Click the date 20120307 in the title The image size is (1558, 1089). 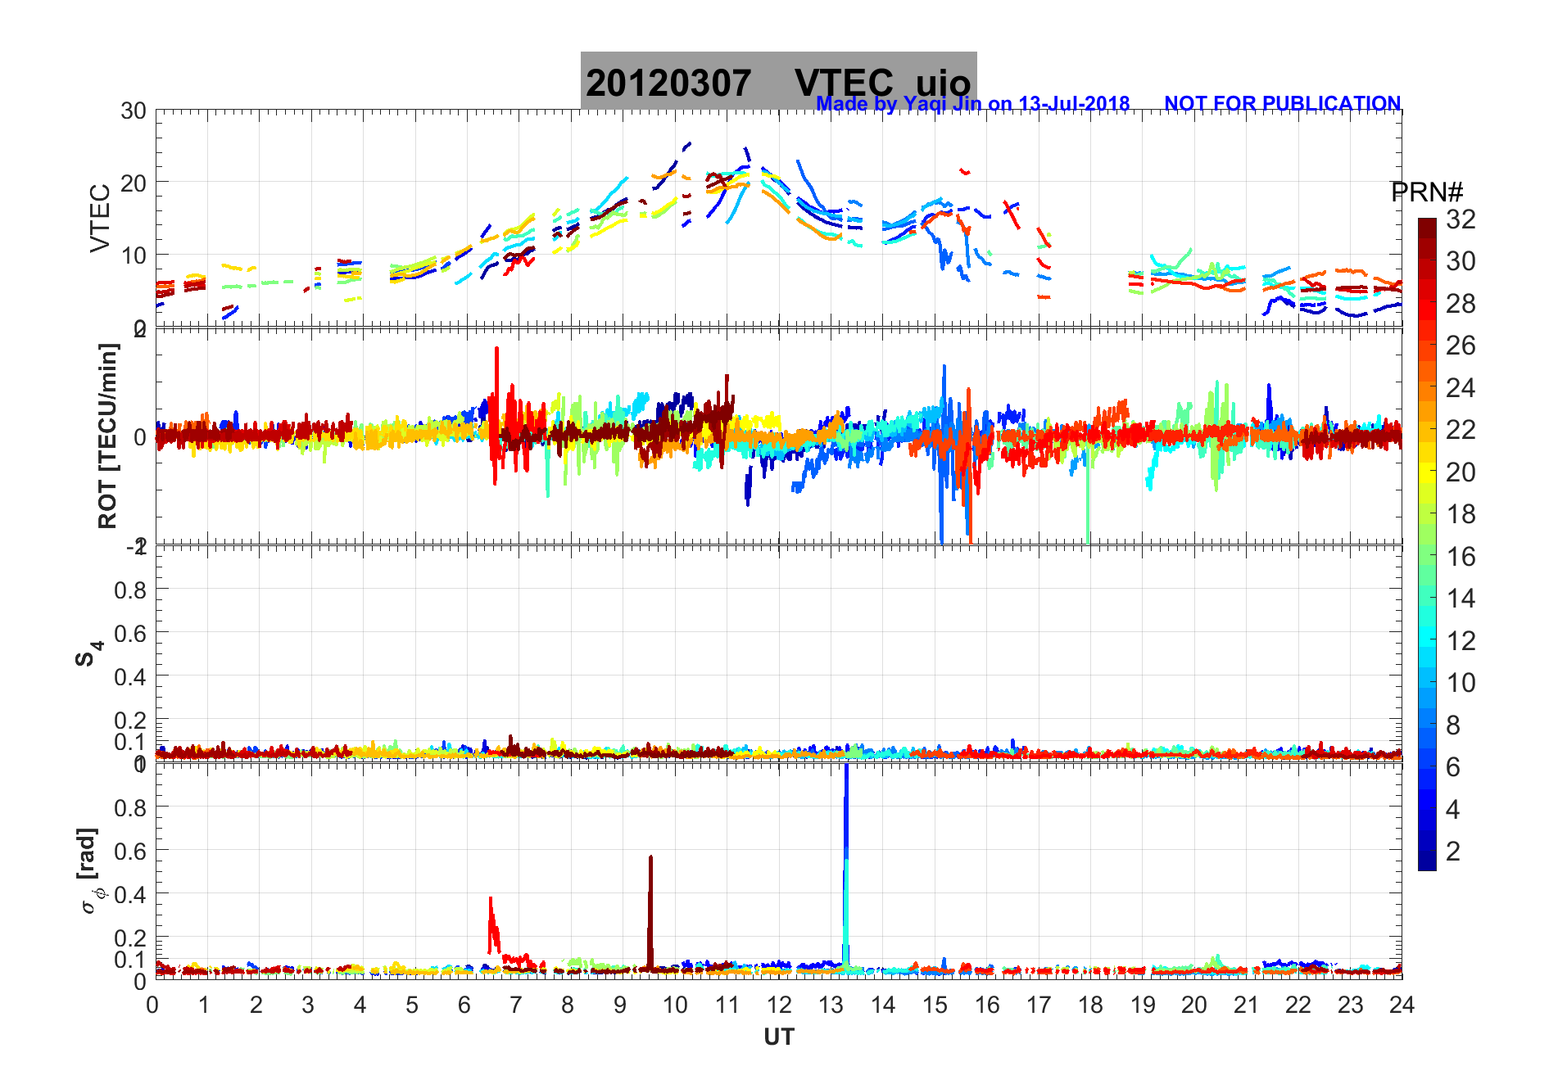(x=668, y=84)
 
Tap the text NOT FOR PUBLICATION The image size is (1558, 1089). (x=1282, y=104)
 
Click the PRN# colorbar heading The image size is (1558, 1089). (x=1427, y=192)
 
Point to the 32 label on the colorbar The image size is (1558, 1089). (x=1461, y=219)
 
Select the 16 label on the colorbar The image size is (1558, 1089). (x=1461, y=557)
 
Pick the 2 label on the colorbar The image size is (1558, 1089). (x=1453, y=852)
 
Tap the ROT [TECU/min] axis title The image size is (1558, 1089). (x=108, y=436)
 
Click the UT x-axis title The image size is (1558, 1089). (x=779, y=1037)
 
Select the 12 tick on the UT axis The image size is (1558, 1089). (x=779, y=1005)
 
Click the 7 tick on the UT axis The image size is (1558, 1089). (x=515, y=1005)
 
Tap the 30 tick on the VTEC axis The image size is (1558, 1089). (x=134, y=111)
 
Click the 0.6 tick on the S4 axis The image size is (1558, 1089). (x=130, y=633)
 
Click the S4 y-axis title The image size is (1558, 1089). (x=88, y=653)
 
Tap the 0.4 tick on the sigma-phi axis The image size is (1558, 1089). (x=130, y=894)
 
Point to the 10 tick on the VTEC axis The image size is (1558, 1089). (x=134, y=255)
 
